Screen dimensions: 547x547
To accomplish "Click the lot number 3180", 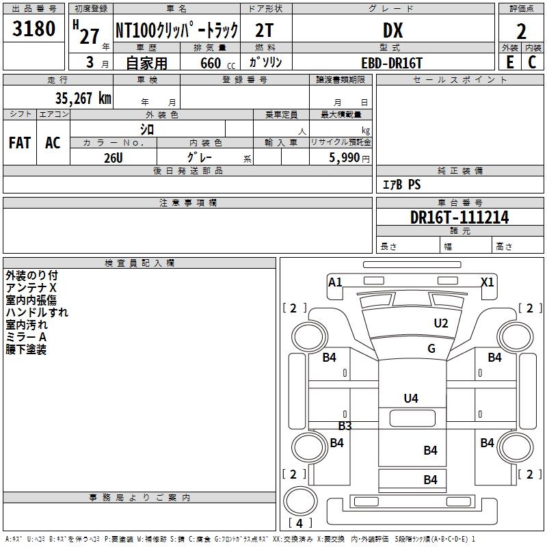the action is pos(34,29).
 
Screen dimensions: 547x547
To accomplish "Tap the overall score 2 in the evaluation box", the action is pos(522,31).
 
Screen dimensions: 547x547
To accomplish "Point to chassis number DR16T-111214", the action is pos(459,217).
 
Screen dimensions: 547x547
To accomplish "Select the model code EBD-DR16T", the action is pos(392,62).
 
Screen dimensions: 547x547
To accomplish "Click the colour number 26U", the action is pos(114,157).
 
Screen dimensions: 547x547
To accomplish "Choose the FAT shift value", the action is pos(20,142).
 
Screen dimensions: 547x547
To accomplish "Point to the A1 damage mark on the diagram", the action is pos(335,282).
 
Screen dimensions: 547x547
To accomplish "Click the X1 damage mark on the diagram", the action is pos(488,282).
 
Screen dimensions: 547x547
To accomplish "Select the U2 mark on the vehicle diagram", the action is pos(441,323).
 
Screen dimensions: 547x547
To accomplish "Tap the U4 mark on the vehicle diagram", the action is pos(411,398).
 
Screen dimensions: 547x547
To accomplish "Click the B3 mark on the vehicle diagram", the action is pos(345,426).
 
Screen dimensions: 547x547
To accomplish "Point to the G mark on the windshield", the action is pos(431,349).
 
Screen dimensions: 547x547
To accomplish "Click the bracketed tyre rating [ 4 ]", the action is pos(300,523).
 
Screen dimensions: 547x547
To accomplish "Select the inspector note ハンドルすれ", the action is pos(37,312).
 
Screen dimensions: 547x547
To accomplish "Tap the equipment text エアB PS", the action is pos(401,185).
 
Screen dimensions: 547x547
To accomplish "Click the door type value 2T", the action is pos(267,30).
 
